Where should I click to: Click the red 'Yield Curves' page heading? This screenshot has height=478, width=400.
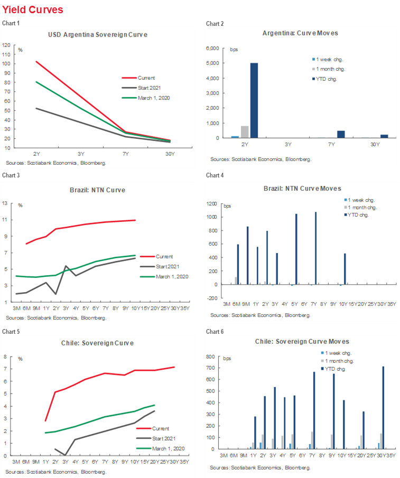33,10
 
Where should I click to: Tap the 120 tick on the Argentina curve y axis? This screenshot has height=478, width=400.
7,45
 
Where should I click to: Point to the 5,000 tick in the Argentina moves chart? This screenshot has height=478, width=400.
219,63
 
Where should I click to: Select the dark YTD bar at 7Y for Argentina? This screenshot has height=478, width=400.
341,134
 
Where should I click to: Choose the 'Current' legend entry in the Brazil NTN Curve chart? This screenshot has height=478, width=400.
164,257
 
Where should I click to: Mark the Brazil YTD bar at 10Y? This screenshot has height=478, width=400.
345,269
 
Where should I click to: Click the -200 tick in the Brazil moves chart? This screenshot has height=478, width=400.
215,298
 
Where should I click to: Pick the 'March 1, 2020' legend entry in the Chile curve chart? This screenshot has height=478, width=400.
169,448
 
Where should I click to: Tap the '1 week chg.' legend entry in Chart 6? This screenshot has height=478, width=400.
338,353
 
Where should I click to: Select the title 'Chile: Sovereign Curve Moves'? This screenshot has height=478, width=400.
302,342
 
